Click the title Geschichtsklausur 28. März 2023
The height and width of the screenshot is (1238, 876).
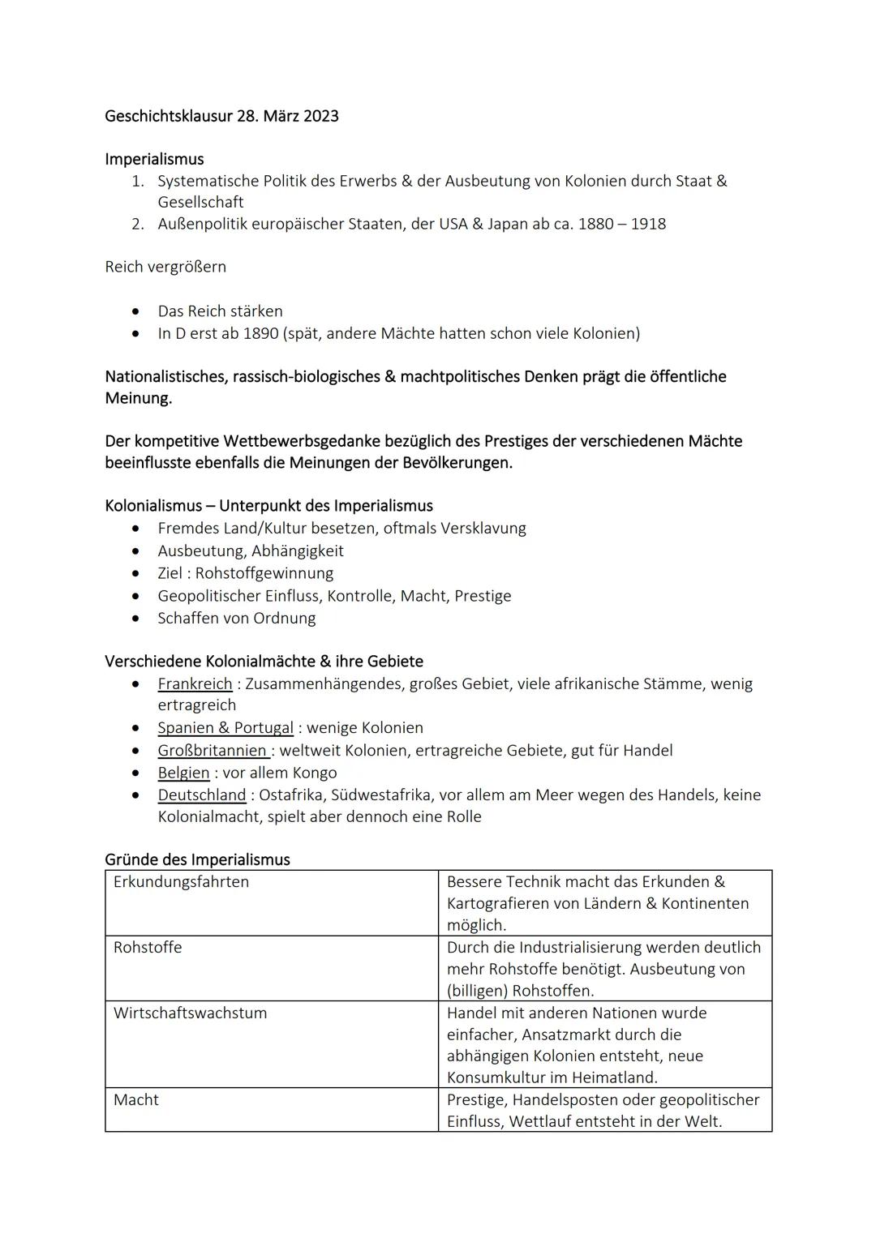click(x=221, y=116)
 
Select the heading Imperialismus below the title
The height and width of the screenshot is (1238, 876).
click(x=154, y=159)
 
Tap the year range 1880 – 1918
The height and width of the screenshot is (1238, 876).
click(x=621, y=224)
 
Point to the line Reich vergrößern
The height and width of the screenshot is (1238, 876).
click(x=165, y=267)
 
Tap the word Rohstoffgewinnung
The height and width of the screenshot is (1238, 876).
click(x=264, y=573)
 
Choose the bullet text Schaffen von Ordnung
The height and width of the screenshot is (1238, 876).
click(x=237, y=618)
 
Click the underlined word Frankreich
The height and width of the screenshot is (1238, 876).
click(x=195, y=683)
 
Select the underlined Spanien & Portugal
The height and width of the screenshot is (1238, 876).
click(x=225, y=728)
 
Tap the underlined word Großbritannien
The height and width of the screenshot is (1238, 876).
click(x=213, y=751)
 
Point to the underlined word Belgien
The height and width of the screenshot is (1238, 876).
click(x=183, y=773)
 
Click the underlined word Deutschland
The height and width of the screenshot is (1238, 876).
click(x=201, y=795)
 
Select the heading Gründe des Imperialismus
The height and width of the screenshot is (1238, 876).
click(x=197, y=859)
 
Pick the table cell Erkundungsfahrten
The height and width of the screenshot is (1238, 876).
click(x=181, y=882)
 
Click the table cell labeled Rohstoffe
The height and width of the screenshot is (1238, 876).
click(x=148, y=948)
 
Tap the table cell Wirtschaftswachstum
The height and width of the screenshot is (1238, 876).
click(x=190, y=1013)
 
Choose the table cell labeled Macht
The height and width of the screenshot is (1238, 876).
click(x=136, y=1100)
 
